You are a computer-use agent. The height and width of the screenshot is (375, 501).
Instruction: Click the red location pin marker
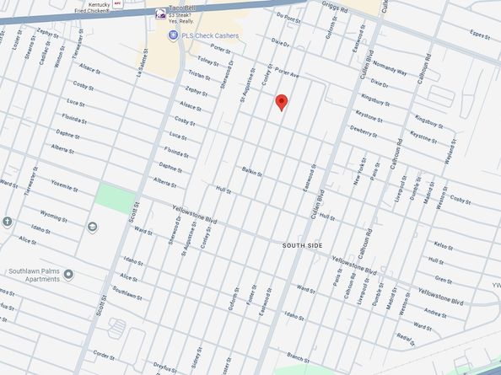point(282,102)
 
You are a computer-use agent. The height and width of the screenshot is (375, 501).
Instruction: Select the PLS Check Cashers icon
point(173,35)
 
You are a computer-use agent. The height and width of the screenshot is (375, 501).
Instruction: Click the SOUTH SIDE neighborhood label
point(305,244)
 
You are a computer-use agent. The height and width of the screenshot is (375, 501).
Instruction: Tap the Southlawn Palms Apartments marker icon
point(68,274)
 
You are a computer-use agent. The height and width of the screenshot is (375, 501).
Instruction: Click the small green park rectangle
point(115,200)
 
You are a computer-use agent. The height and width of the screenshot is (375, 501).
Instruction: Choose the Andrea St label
point(435,313)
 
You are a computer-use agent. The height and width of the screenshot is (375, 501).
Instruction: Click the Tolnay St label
point(207,61)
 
